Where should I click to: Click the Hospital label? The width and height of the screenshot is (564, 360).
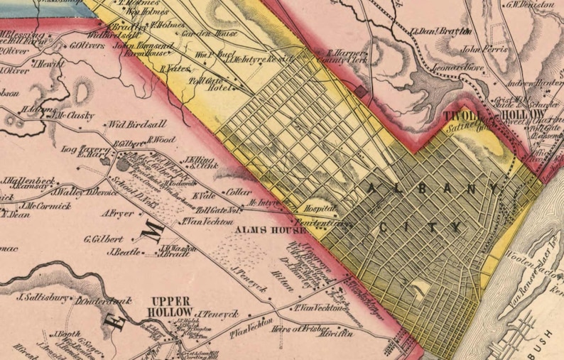(318, 211)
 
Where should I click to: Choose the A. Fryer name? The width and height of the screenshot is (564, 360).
(118, 212)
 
